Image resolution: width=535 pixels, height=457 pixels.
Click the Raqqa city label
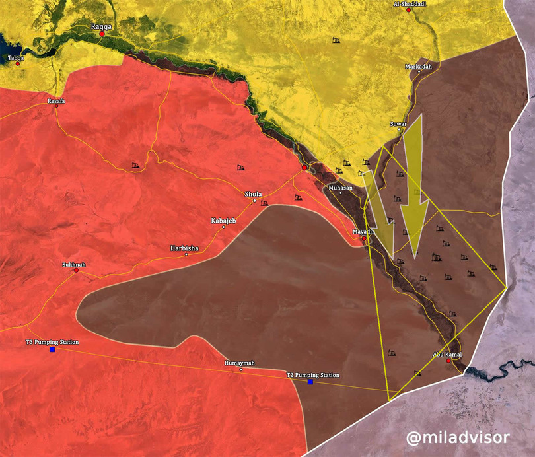(102, 26)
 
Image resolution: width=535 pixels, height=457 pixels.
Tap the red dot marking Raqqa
(102, 34)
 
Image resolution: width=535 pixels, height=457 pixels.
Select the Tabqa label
(16, 57)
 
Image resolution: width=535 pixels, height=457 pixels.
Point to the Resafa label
(57, 101)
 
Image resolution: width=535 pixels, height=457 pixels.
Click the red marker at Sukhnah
(76, 271)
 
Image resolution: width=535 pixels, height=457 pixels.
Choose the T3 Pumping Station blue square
(52, 349)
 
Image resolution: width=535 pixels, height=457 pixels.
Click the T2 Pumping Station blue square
(310, 382)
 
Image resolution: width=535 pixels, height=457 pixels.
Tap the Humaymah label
(240, 363)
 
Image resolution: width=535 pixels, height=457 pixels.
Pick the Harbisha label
(184, 248)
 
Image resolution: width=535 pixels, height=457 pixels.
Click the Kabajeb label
(223, 220)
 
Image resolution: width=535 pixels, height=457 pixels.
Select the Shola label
(254, 194)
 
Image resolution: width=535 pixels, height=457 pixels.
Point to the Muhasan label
(341, 188)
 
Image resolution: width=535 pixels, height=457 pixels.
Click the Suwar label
(398, 123)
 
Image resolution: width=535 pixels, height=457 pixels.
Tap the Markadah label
(419, 67)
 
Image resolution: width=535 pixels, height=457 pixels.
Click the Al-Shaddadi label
(410, 4)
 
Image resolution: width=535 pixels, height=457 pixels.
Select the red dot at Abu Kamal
(449, 361)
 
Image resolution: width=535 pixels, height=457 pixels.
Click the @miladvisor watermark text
(457, 437)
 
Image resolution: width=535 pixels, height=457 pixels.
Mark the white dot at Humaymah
(241, 370)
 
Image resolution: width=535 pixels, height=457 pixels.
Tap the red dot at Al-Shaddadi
(409, 11)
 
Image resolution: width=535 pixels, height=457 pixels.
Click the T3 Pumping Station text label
(52, 342)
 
